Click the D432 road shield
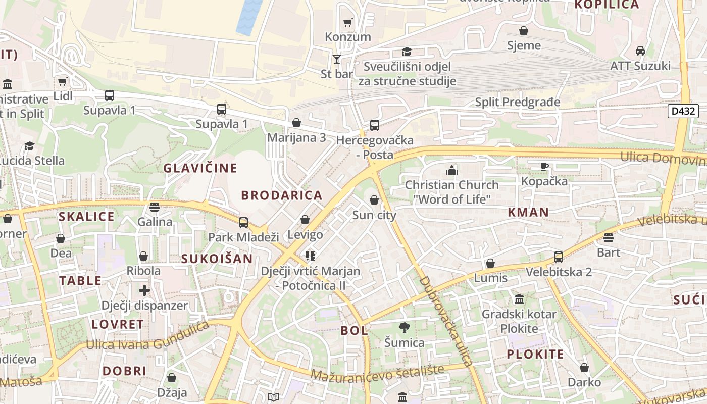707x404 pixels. coord(683,111)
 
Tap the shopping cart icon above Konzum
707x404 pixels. coord(347,22)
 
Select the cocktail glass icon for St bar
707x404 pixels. coord(337,59)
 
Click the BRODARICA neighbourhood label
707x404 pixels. coord(281,195)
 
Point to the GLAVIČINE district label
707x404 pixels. coord(200,168)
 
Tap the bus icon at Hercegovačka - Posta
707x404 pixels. coord(374,125)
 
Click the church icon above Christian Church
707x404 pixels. coord(451,170)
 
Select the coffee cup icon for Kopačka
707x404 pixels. coord(544,166)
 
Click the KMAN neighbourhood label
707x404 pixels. coord(528,212)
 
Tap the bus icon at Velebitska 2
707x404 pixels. coord(558,257)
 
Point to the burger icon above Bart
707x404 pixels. coord(608,237)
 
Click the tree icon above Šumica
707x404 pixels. coord(403,328)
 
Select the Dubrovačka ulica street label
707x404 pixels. coord(446,321)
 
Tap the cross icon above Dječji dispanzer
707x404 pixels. coord(144,290)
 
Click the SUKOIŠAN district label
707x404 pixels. coord(217,259)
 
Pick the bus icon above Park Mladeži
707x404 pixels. coord(243,222)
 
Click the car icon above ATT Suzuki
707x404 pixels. coord(640,51)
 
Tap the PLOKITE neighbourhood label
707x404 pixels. coord(535,354)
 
